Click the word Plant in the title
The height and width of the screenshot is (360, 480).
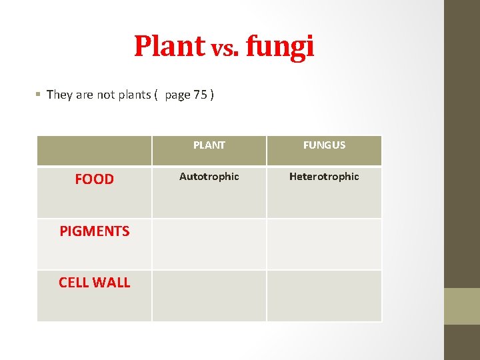click(x=170, y=46)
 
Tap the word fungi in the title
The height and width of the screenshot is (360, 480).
click(x=279, y=46)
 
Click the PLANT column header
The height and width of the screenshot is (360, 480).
click(x=209, y=145)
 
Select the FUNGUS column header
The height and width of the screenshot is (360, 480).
click(x=324, y=145)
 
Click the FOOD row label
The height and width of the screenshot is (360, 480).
click(x=94, y=179)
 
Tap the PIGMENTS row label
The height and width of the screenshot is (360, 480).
click(x=94, y=231)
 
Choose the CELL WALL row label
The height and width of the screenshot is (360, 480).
click(x=94, y=282)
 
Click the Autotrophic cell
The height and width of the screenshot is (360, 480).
click(x=209, y=177)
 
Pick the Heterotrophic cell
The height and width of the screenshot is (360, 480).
click(x=324, y=177)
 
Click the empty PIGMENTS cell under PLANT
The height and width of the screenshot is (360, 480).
click(x=209, y=244)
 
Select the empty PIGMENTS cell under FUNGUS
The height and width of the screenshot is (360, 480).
click(x=324, y=244)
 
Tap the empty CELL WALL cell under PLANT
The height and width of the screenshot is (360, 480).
click(x=209, y=295)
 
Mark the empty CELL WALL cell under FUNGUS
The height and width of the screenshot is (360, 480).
click(x=324, y=295)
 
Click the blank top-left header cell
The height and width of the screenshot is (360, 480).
click(x=94, y=151)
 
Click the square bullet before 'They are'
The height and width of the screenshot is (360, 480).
click(x=39, y=95)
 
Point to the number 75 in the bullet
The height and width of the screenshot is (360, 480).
click(x=200, y=95)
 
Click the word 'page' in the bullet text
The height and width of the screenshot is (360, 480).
click(x=177, y=95)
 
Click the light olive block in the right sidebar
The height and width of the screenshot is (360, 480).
click(x=462, y=306)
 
